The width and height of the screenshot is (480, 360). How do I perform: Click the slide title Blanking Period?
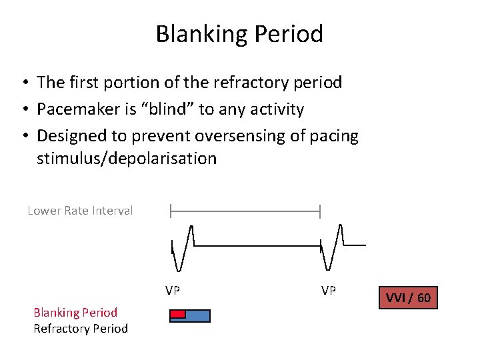point(239,33)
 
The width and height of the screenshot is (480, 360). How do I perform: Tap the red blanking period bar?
point(177,313)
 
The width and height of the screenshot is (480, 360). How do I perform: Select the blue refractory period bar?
point(197,316)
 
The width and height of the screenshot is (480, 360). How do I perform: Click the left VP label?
point(173,291)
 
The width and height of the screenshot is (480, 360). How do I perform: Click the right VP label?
point(329,291)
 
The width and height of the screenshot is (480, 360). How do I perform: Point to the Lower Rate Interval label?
point(80,211)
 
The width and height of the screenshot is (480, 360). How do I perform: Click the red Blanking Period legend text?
point(75,312)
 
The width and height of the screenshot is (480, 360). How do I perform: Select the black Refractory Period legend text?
point(81,328)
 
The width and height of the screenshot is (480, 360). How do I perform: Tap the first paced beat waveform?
point(183,247)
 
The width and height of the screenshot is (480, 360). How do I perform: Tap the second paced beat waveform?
point(333,247)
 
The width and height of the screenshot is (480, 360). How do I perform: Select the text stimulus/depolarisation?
point(127,159)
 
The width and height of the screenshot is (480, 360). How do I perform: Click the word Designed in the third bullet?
point(71,136)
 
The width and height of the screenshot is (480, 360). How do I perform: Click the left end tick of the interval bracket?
point(171,212)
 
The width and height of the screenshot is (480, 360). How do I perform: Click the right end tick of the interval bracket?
point(321,212)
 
